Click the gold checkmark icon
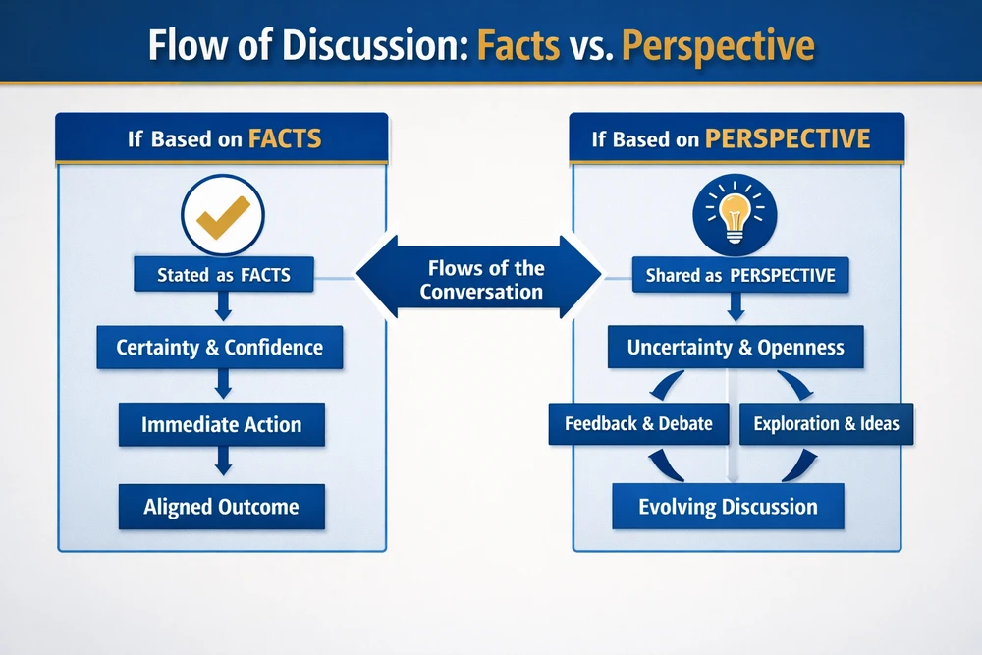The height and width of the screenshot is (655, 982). tap(223, 217)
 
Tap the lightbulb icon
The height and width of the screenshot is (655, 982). tap(735, 215)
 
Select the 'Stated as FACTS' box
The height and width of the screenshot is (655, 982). tap(224, 274)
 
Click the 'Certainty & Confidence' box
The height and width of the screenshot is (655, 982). tap(220, 347)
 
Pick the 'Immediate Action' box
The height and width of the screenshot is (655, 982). tap(222, 424)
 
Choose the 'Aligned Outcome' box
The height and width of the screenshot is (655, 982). tap(222, 506)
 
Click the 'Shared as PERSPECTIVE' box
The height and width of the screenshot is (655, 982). tap(740, 275)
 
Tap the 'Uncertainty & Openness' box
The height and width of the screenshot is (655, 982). tap(736, 347)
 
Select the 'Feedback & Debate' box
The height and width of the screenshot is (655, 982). tap(639, 424)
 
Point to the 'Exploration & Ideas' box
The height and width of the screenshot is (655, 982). tap(827, 424)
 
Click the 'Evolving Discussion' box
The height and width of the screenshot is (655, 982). tap(729, 506)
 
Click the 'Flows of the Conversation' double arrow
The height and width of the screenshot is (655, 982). tap(479, 277)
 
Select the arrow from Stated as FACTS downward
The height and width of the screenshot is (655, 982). tap(223, 306)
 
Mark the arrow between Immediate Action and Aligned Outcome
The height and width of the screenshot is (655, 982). tap(223, 461)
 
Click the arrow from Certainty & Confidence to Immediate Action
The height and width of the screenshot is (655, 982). tap(223, 383)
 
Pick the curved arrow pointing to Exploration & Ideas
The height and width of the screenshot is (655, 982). tap(795, 385)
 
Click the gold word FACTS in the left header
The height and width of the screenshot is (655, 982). tap(285, 138)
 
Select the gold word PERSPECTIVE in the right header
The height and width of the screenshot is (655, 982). tap(788, 138)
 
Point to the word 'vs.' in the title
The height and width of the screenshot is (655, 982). tap(590, 46)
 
